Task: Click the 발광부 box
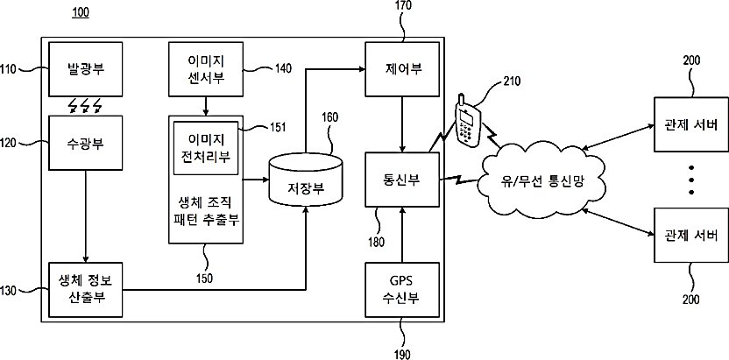(x=86, y=69)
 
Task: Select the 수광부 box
(x=86, y=143)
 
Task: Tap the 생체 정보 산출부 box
(x=86, y=290)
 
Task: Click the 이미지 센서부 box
(x=206, y=69)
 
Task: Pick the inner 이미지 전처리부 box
(x=206, y=148)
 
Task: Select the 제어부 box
(x=402, y=69)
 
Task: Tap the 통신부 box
(x=402, y=180)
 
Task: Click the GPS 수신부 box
(x=402, y=290)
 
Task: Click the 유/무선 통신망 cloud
(x=541, y=181)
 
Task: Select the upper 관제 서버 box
(x=691, y=124)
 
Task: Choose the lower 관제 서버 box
(x=691, y=235)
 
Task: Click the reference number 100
(x=81, y=12)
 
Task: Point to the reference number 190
(x=403, y=355)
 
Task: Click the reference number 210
(x=512, y=81)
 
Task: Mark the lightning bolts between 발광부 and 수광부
(x=85, y=107)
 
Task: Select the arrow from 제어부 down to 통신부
(x=402, y=124)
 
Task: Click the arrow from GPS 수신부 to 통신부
(x=402, y=235)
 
